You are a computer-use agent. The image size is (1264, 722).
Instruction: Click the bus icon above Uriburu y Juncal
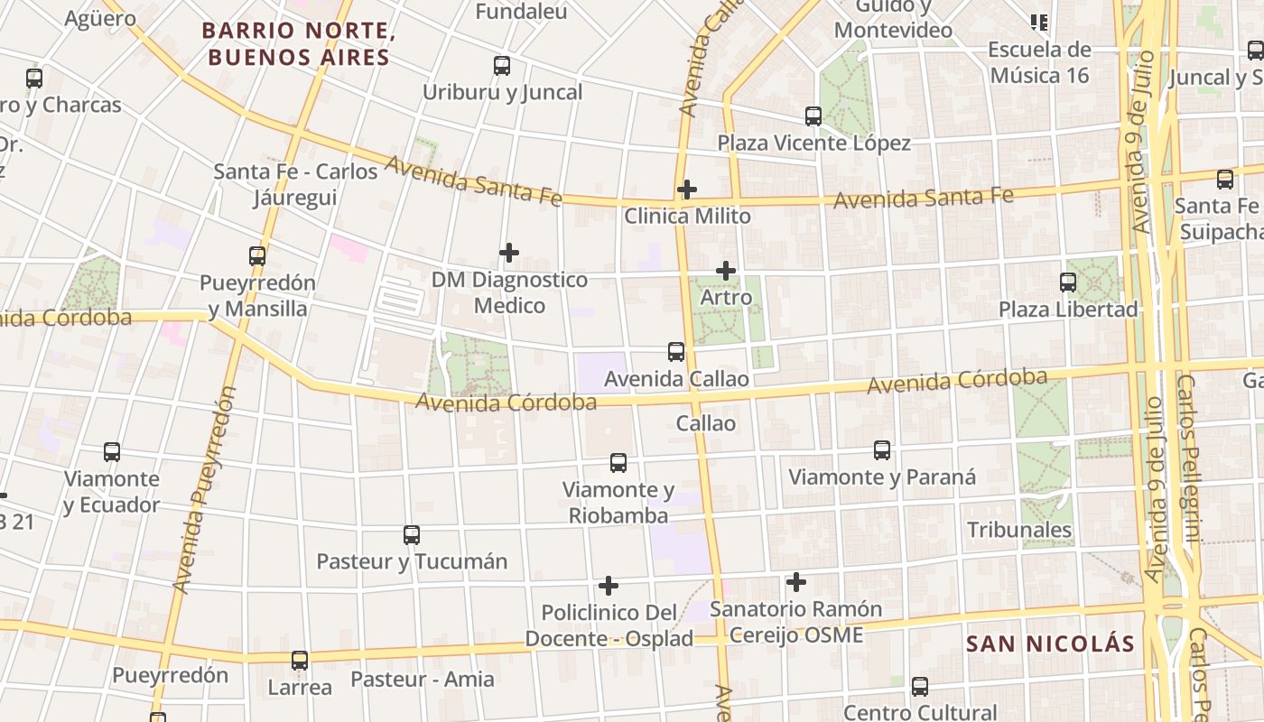pyautogui.click(x=502, y=66)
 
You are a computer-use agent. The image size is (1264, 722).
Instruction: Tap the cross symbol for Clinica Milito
pyautogui.click(x=687, y=190)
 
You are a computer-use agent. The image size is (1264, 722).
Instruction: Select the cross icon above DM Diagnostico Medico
pyautogui.click(x=509, y=253)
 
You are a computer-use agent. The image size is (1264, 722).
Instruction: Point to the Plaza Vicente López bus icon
pyautogui.click(x=813, y=116)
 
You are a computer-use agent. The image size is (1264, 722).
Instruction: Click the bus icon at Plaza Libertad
pyautogui.click(x=1068, y=282)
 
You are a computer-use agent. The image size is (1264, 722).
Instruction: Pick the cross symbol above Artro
pyautogui.click(x=726, y=271)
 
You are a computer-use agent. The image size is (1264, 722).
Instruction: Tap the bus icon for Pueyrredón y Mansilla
pyautogui.click(x=257, y=256)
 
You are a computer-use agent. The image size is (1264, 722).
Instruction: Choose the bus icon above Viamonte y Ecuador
pyautogui.click(x=112, y=452)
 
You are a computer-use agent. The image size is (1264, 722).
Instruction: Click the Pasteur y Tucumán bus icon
pyautogui.click(x=412, y=535)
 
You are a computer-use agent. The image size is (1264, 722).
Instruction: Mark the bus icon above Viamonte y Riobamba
pyautogui.click(x=618, y=463)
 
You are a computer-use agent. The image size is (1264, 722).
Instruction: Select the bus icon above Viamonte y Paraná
pyautogui.click(x=882, y=450)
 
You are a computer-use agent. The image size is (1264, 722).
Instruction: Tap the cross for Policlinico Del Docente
pyautogui.click(x=609, y=587)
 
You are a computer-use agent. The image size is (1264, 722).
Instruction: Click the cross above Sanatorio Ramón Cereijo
pyautogui.click(x=796, y=582)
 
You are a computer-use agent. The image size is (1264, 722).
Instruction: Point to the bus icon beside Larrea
pyautogui.click(x=300, y=661)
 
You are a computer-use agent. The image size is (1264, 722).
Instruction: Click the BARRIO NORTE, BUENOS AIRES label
pyautogui.click(x=299, y=44)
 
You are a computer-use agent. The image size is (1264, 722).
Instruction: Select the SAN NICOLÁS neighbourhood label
pyautogui.click(x=1050, y=643)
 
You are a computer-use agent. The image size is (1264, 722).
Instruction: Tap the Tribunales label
pyautogui.click(x=1019, y=530)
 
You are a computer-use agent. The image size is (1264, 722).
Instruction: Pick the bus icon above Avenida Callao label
pyautogui.click(x=676, y=352)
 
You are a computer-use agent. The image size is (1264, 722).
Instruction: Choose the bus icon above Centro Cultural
pyautogui.click(x=920, y=687)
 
